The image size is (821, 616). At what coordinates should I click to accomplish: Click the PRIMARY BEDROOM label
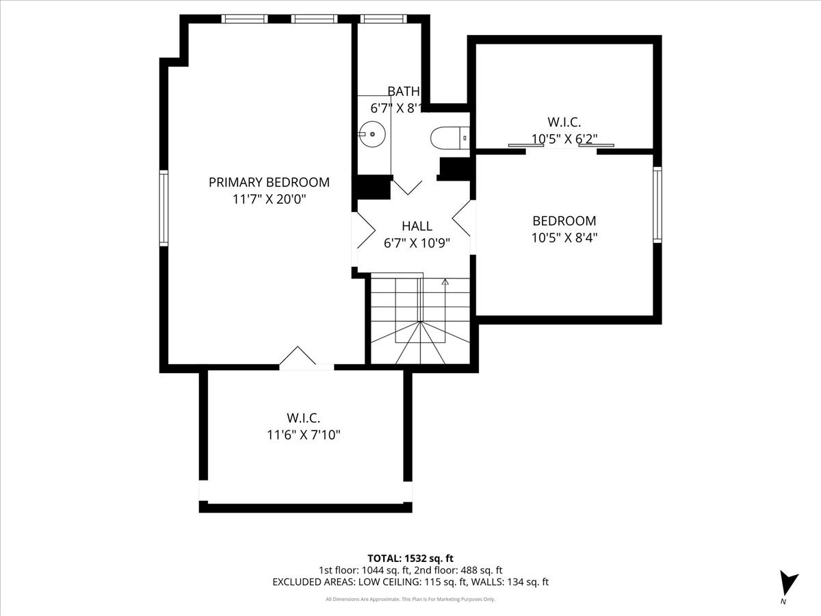pos(269,182)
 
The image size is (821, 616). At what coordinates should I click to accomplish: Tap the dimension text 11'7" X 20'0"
pos(269,199)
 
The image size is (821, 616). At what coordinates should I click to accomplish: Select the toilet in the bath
pos(448,138)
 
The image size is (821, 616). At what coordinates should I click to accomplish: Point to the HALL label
pos(417,226)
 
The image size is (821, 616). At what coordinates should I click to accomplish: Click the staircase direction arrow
pos(445,281)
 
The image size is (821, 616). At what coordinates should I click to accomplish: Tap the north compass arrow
pos(789,583)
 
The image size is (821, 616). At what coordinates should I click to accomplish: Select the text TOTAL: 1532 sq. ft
pos(410,559)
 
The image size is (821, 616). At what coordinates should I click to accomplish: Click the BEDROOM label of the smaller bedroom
pos(564,221)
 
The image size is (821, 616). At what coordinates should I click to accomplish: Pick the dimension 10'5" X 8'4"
pos(564,238)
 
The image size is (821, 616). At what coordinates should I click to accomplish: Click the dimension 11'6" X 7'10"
pos(303,434)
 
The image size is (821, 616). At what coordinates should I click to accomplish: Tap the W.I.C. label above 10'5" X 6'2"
pos(564,123)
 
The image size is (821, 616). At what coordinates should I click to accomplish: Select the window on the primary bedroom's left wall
pos(164,208)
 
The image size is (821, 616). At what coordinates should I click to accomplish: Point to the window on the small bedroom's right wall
pos(657,205)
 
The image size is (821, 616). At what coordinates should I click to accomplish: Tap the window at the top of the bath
pos(383,18)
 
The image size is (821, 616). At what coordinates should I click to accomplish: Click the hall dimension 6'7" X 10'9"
pos(417,242)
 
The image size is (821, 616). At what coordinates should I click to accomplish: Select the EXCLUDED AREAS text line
pos(410,582)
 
